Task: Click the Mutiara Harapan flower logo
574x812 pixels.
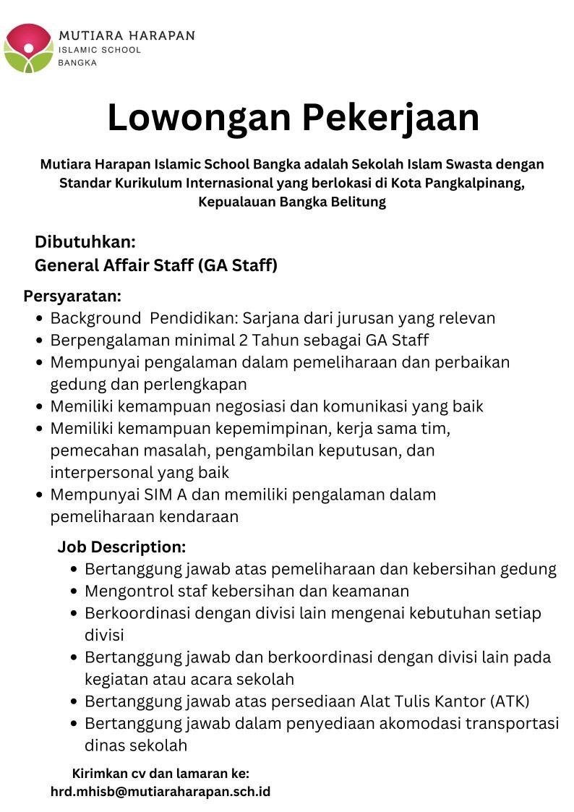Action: click(x=28, y=48)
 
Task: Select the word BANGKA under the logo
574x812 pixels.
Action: click(x=77, y=63)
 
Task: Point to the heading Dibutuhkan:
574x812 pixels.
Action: click(x=85, y=242)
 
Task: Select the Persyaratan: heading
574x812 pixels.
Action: click(x=72, y=296)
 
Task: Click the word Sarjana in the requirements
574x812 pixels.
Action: click(x=270, y=318)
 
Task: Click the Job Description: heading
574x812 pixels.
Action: click(x=121, y=547)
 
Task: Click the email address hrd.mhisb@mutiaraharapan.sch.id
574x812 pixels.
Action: click(x=160, y=791)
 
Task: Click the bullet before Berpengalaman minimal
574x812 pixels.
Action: click(x=40, y=341)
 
